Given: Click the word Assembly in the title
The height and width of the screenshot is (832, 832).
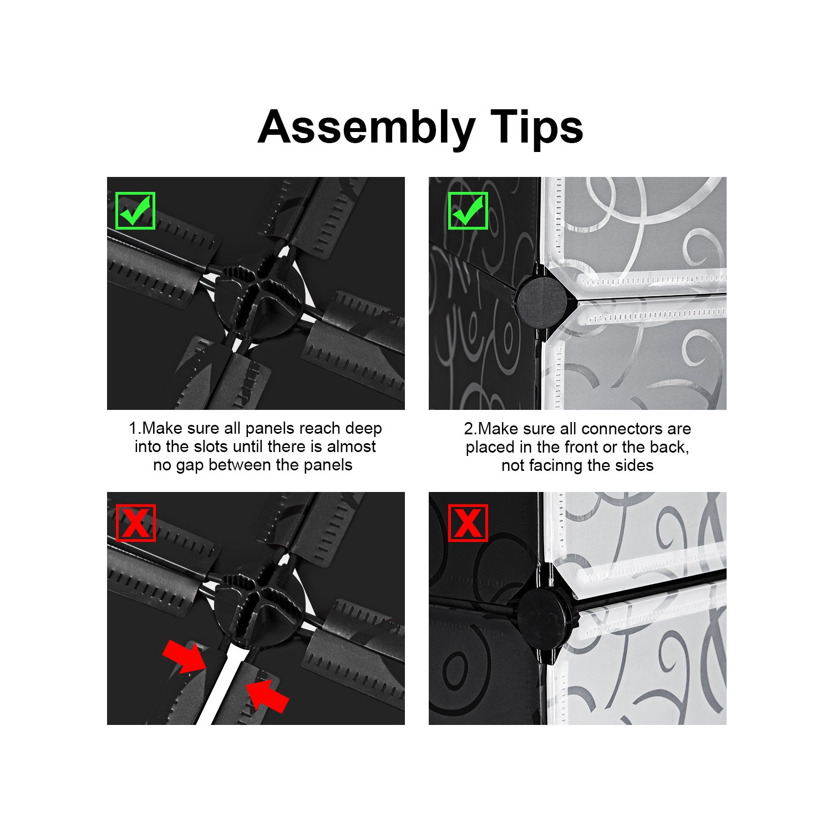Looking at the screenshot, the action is pos(367,128).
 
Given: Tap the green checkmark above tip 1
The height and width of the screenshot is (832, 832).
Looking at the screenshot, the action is pos(135,211).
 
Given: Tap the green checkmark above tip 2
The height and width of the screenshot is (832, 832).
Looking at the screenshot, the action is pos(468,211).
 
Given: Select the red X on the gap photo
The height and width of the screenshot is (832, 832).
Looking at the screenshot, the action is pos(136,522).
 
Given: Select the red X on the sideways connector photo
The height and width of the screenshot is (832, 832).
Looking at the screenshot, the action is pos(468,522).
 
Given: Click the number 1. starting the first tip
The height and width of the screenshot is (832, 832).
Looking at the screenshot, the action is pos(135,428).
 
